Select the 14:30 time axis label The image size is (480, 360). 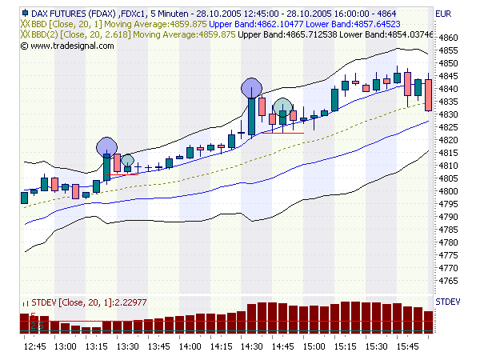tap(252, 346)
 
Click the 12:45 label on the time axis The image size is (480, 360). tap(34, 346)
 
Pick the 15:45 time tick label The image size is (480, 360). tap(407, 346)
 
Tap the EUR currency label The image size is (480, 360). tap(444, 14)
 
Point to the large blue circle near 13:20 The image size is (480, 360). tap(106, 147)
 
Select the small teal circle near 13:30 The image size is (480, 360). tap(126, 161)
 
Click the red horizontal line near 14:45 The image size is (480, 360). tap(282, 133)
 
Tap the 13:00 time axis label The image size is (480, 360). tap(66, 346)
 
